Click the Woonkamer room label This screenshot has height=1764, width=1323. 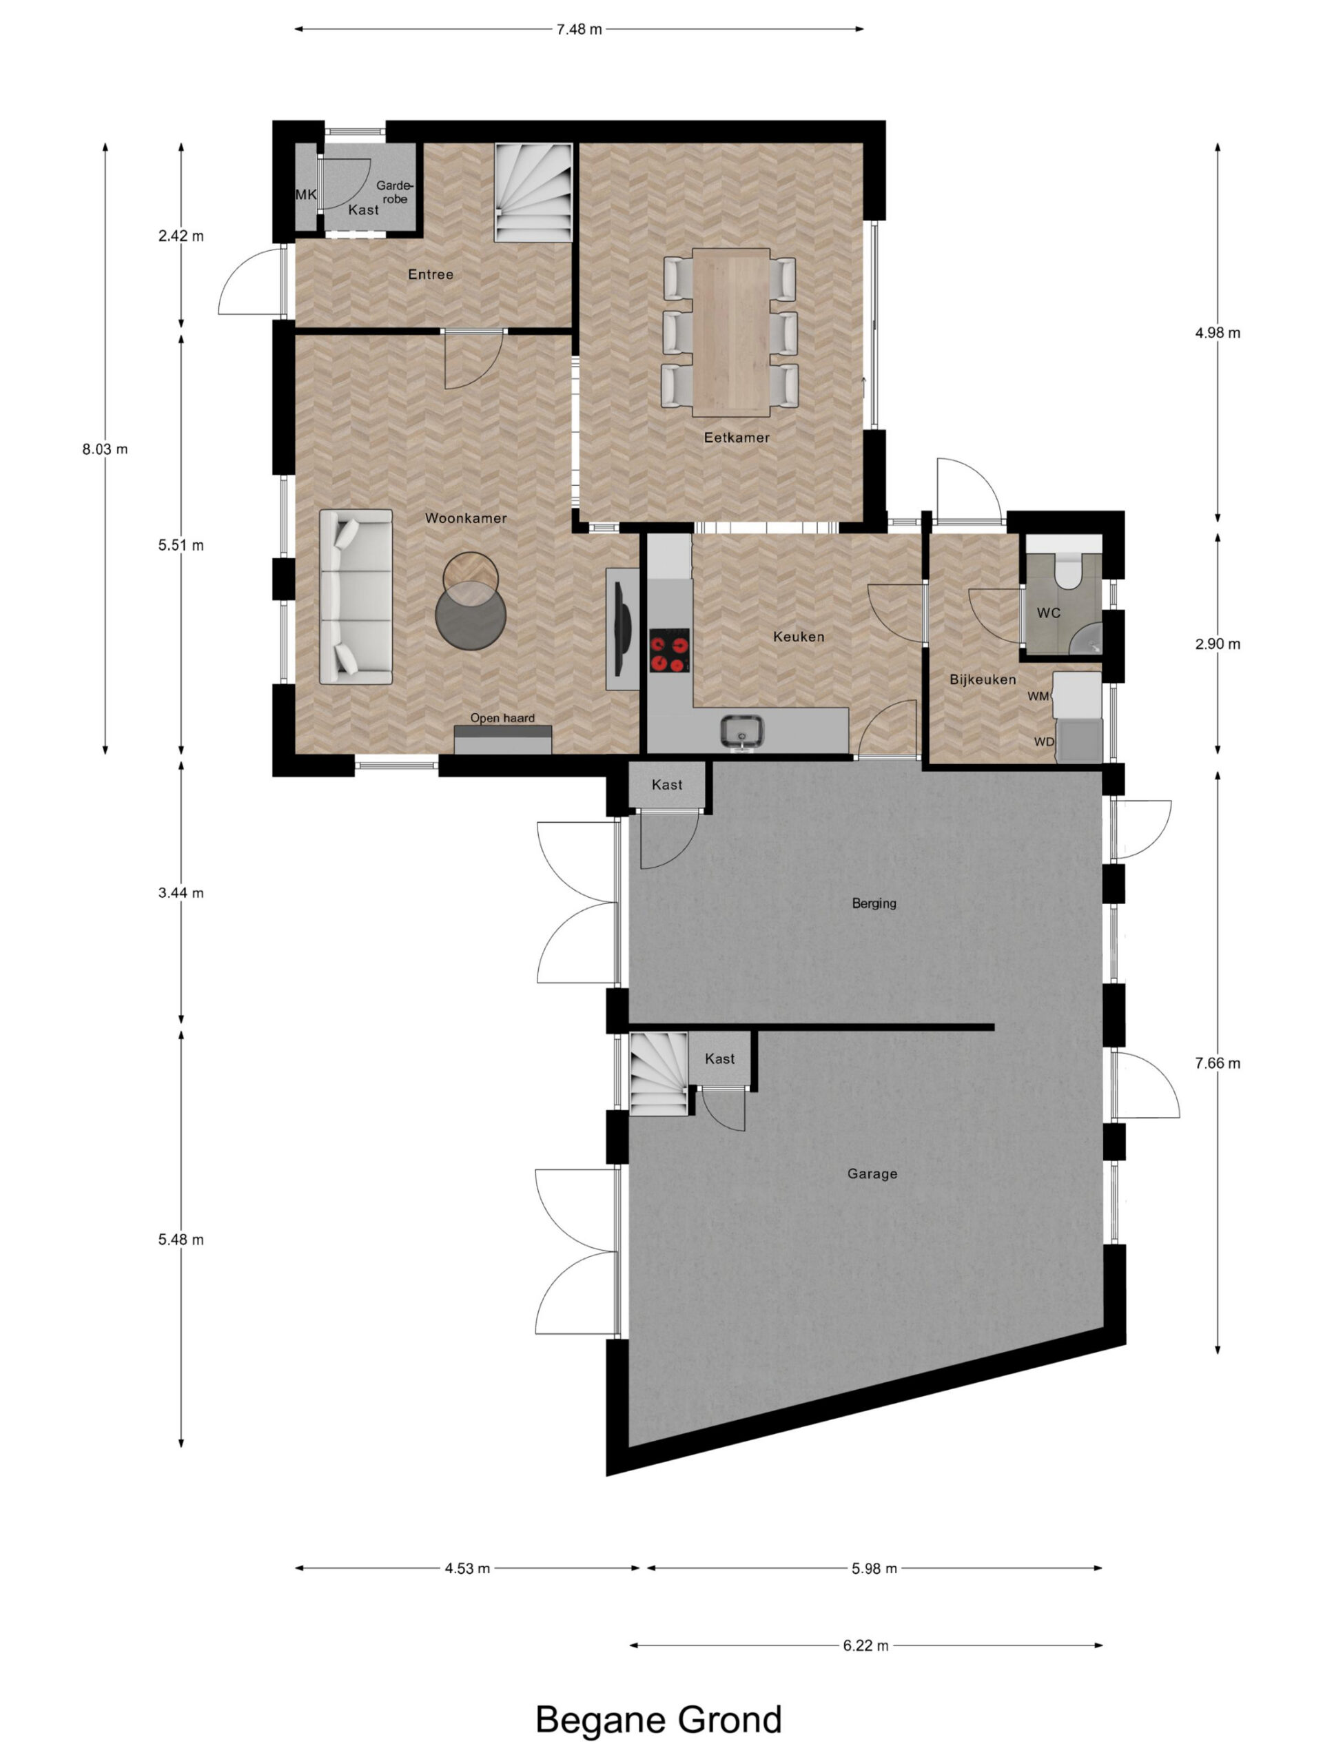tap(466, 518)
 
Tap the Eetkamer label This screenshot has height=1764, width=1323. tap(736, 438)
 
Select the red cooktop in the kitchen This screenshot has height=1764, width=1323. tap(669, 650)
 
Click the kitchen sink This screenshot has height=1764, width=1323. tap(741, 731)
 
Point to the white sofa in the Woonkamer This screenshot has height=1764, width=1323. tap(356, 597)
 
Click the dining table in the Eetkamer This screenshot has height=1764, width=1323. tap(730, 331)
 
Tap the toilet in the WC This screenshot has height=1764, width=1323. tap(1066, 568)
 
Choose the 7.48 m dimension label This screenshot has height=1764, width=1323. tap(579, 30)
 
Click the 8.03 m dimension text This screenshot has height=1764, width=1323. tap(105, 449)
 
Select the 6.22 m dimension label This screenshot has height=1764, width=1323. tap(865, 1645)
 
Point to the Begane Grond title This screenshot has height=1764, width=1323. tap(658, 1720)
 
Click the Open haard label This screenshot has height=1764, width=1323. tap(502, 718)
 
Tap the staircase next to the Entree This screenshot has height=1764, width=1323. tap(533, 192)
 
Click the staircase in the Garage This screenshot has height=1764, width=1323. tap(659, 1074)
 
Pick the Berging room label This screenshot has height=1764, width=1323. tap(874, 903)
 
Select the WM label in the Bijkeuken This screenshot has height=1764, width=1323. tap(1038, 696)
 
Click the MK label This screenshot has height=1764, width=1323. tap(306, 194)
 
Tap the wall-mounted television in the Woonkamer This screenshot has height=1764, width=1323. tap(623, 628)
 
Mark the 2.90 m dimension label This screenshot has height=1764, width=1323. tap(1217, 644)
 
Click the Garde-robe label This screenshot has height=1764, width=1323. tap(394, 192)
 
